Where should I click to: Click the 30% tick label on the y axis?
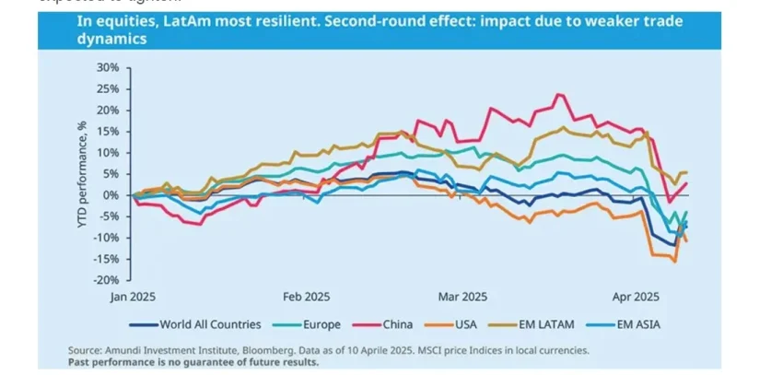[106, 67]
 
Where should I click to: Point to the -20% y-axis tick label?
[104, 280]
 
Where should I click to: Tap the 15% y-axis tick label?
[106, 132]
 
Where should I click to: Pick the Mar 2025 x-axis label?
[462, 298]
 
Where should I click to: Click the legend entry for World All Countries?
[204, 324]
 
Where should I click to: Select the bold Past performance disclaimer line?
[193, 362]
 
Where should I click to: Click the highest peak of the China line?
[558, 94]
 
